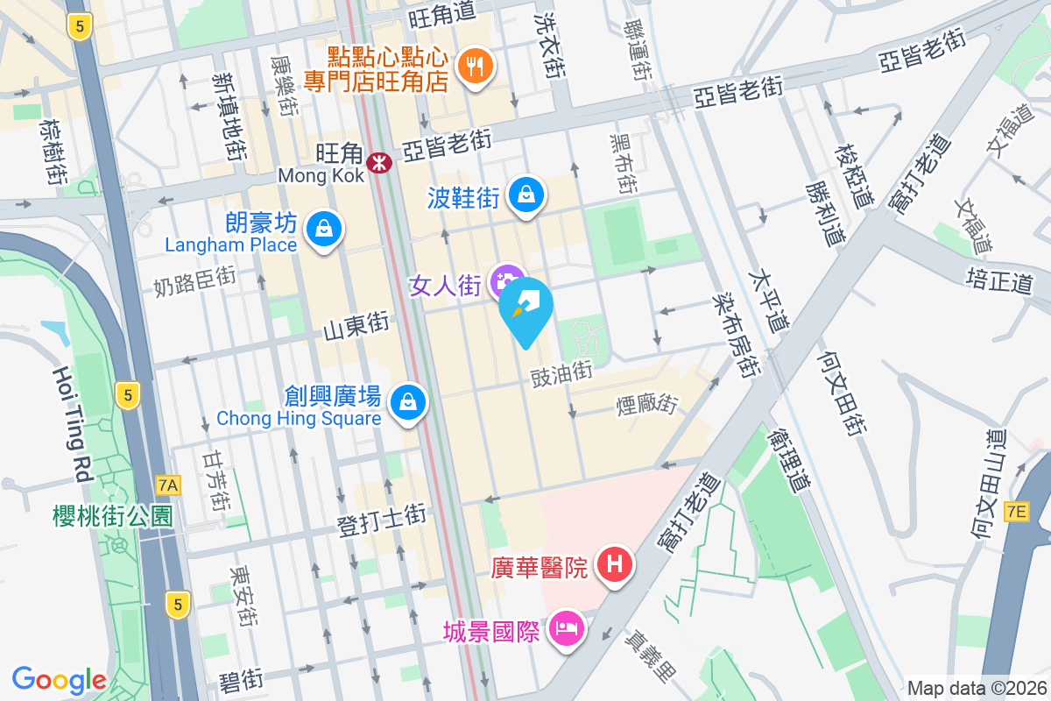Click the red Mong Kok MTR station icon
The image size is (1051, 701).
coord(379,162)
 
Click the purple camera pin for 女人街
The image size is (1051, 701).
coord(507,280)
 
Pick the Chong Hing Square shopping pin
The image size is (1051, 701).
coord(408,402)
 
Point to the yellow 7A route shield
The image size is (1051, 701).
coord(166,484)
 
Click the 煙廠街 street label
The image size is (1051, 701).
coord(647,406)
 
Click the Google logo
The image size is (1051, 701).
coord(59,679)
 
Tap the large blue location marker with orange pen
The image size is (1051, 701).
coord(525,308)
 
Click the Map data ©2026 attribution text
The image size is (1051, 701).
coord(974,688)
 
